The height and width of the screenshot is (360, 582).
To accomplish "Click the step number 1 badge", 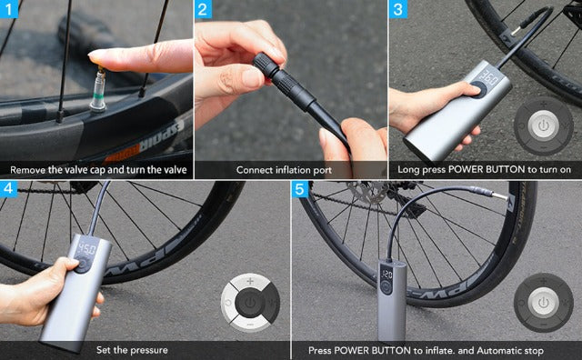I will tap(10, 10).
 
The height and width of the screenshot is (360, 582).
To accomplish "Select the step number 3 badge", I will tap(398, 10).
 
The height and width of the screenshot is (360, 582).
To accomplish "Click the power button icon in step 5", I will tap(543, 301).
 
